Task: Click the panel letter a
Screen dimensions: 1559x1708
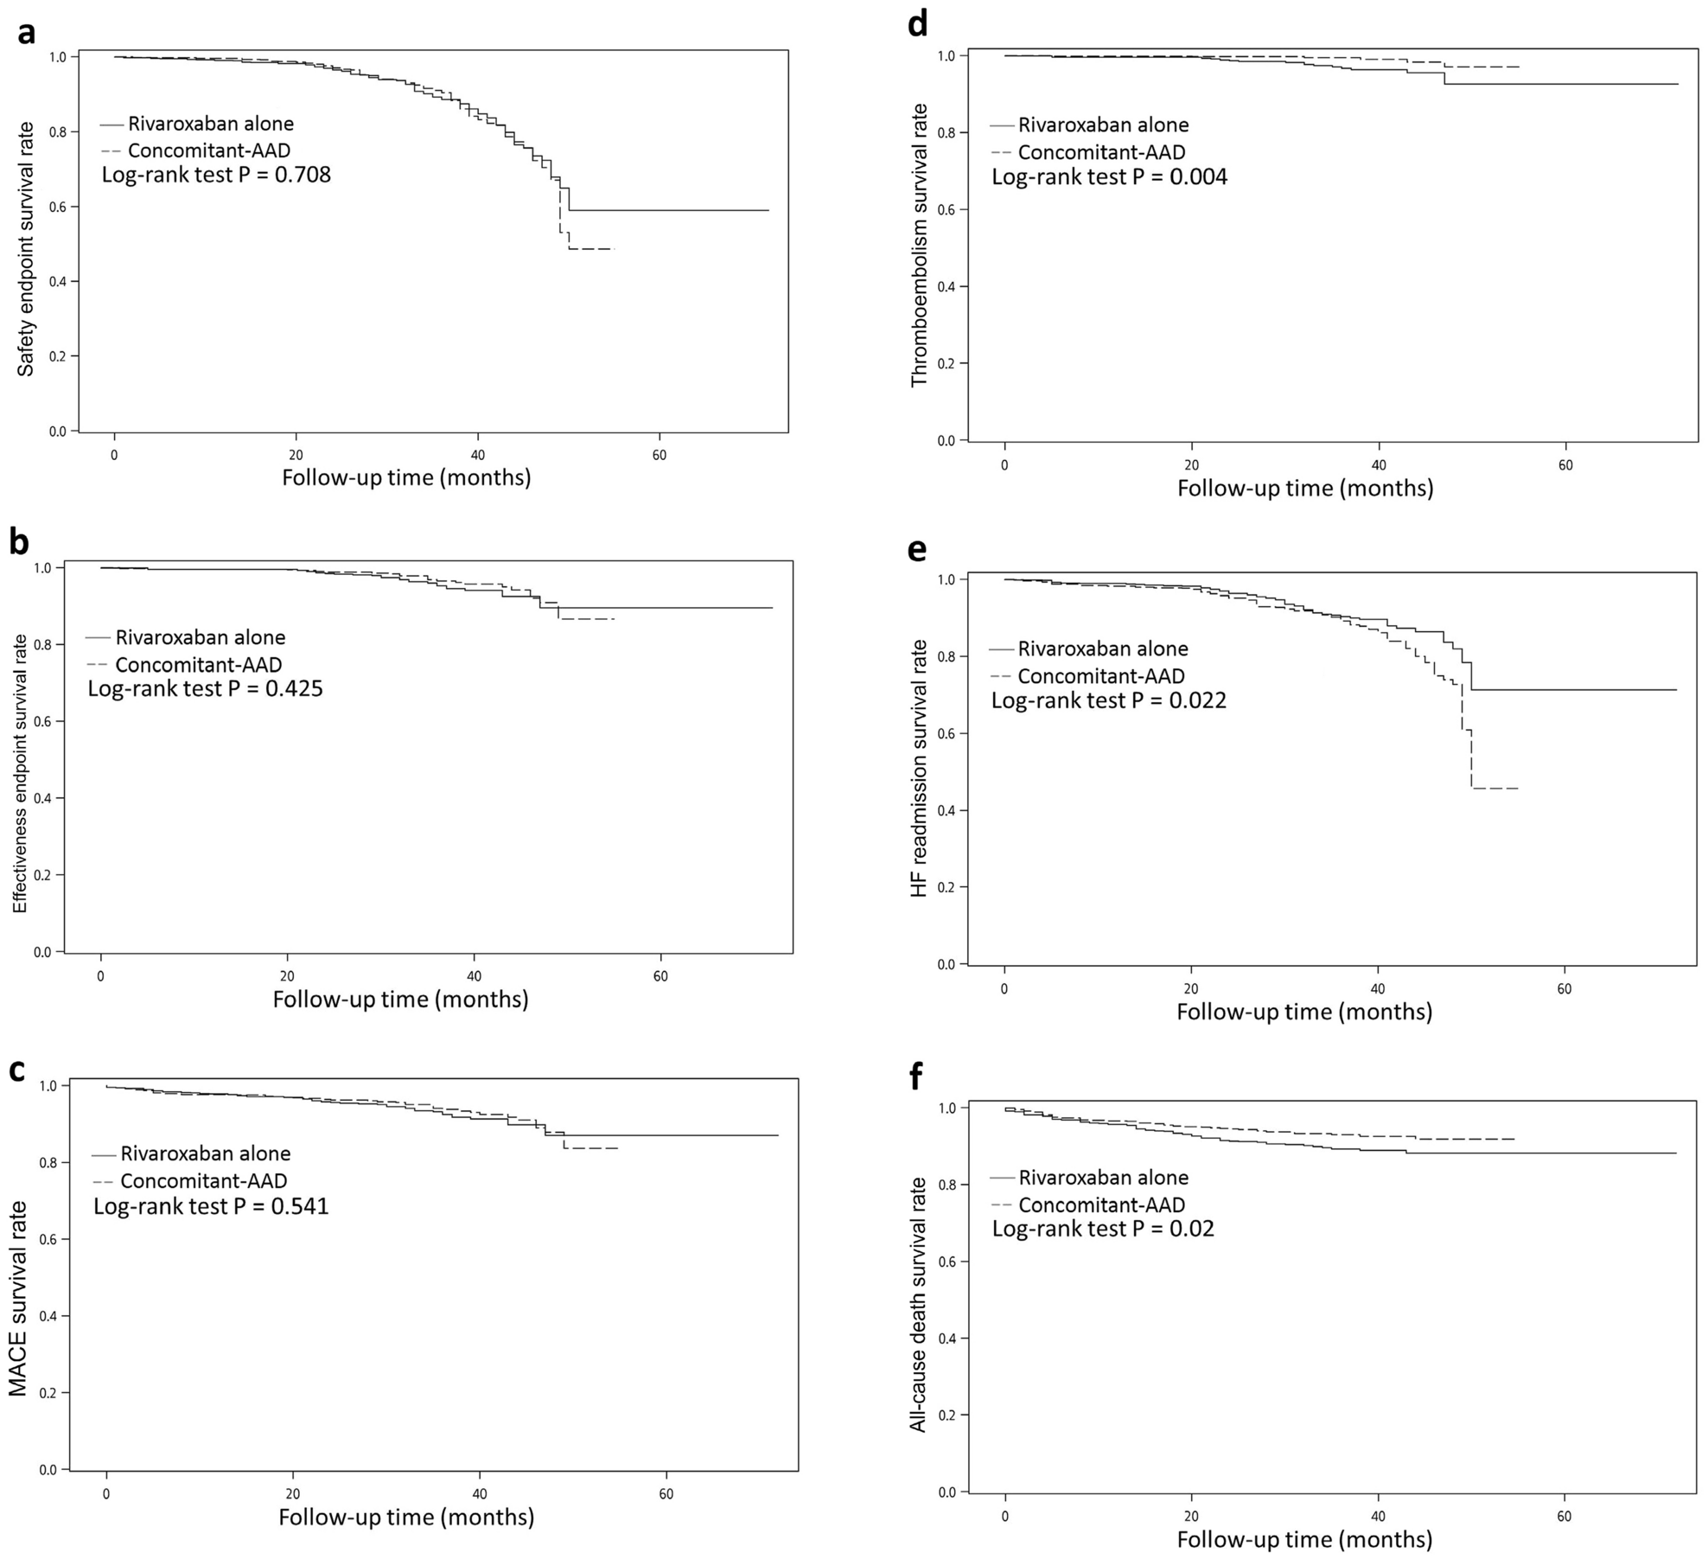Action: [27, 32]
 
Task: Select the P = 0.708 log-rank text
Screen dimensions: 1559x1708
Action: [216, 175]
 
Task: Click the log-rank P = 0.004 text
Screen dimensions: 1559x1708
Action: [1109, 177]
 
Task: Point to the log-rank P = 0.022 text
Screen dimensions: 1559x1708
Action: [1108, 700]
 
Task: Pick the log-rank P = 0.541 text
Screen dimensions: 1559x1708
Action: [211, 1206]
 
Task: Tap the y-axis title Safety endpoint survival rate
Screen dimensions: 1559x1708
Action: [27, 249]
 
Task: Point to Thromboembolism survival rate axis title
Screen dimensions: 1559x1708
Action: [919, 245]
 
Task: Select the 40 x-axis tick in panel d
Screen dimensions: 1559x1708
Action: [1379, 465]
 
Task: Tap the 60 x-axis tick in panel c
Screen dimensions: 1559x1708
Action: [666, 1494]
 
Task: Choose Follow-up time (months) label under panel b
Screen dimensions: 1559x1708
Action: [400, 999]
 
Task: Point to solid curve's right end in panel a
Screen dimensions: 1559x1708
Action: [768, 210]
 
